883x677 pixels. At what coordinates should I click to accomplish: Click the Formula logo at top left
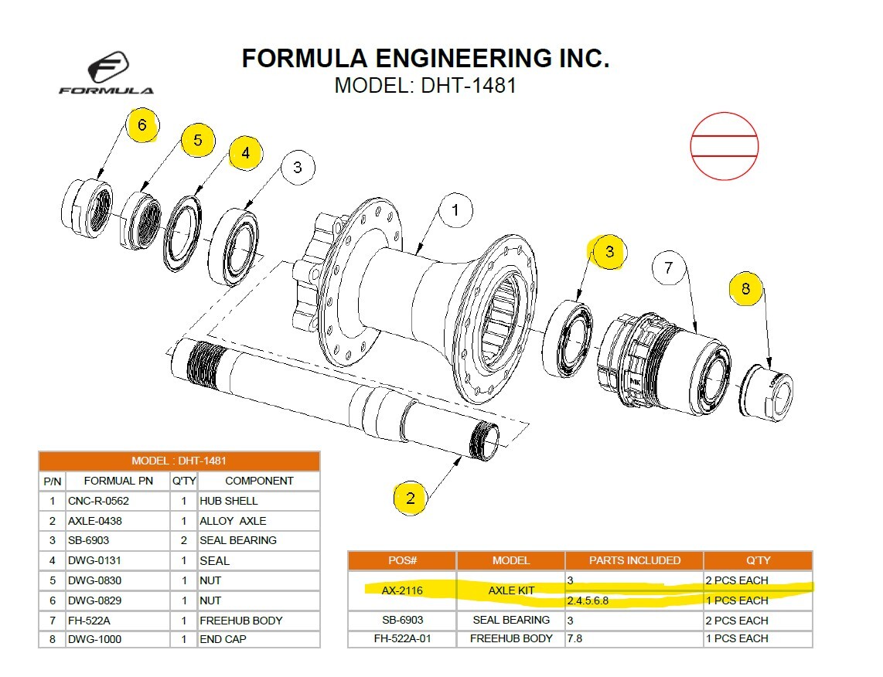(106, 74)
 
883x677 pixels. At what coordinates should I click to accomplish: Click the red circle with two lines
(724, 146)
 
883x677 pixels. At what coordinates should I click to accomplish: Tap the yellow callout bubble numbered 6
(142, 126)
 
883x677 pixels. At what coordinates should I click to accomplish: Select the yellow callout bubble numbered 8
(745, 290)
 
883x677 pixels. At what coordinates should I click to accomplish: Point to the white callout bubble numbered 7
(669, 268)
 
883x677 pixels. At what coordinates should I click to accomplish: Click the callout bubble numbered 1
(455, 210)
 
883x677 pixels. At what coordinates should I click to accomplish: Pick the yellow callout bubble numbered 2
(411, 498)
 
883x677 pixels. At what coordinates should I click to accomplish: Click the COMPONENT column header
(258, 481)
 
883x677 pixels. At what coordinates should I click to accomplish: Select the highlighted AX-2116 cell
(402, 590)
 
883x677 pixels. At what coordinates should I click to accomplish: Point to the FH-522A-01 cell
(402, 638)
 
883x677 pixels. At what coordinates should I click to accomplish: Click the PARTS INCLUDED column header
(634, 560)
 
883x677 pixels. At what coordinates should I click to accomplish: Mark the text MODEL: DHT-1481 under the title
(424, 86)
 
